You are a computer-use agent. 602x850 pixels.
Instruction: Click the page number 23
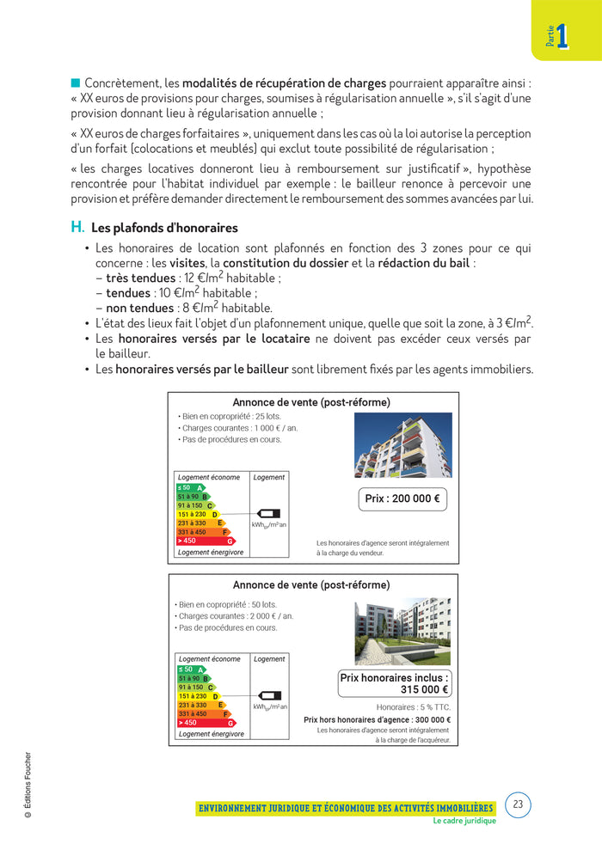pyautogui.click(x=517, y=805)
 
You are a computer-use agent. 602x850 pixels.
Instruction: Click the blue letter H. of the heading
pyautogui.click(x=77, y=228)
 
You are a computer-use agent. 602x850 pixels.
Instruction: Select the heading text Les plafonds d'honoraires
pyautogui.click(x=164, y=229)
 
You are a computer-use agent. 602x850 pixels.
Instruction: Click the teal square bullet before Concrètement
pyautogui.click(x=75, y=83)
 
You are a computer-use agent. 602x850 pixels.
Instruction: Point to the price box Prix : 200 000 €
pyautogui.click(x=402, y=498)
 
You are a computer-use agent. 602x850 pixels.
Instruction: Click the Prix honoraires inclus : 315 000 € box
pyautogui.click(x=394, y=683)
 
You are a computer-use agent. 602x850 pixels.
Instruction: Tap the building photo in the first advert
pyautogui.click(x=402, y=444)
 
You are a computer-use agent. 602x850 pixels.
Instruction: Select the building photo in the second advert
pyautogui.click(x=402, y=633)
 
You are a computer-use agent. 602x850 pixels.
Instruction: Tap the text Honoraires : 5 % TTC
pyautogui.click(x=413, y=707)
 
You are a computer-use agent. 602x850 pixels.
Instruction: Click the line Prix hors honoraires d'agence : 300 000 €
pyautogui.click(x=377, y=720)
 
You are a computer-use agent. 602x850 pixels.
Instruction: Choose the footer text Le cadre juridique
pyautogui.click(x=464, y=821)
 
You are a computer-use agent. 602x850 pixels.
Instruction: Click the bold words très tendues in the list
pyautogui.click(x=140, y=278)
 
